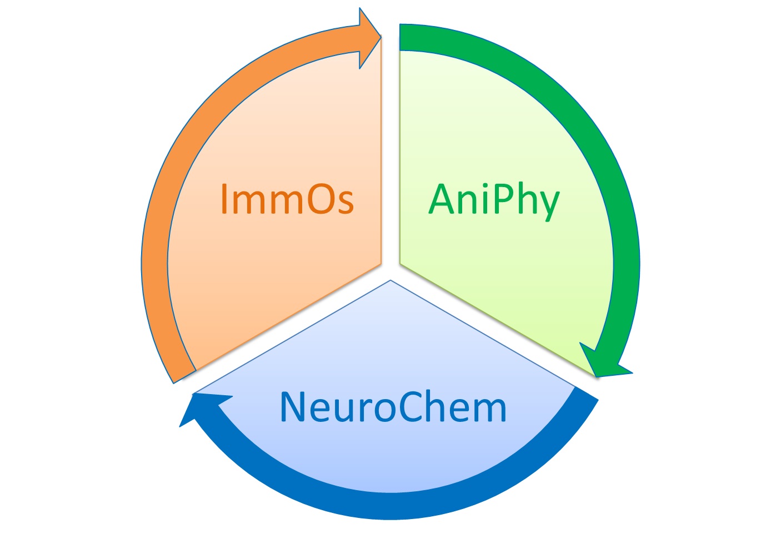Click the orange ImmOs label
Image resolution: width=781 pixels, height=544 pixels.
tap(287, 199)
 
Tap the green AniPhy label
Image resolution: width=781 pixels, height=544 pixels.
tap(494, 200)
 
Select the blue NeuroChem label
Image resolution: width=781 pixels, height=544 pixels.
tap(393, 407)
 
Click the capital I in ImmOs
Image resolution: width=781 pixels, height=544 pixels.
tap(224, 199)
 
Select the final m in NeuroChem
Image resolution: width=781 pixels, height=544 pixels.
tap(489, 411)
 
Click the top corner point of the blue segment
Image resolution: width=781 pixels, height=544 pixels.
tap(390, 281)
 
